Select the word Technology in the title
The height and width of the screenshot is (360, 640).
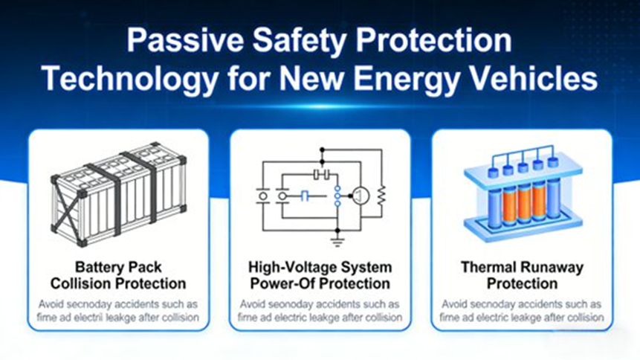click(125, 77)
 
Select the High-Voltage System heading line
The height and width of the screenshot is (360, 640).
click(320, 266)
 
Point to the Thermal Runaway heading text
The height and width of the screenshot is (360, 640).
click(522, 266)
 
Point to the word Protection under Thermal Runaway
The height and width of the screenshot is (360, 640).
click(522, 283)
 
